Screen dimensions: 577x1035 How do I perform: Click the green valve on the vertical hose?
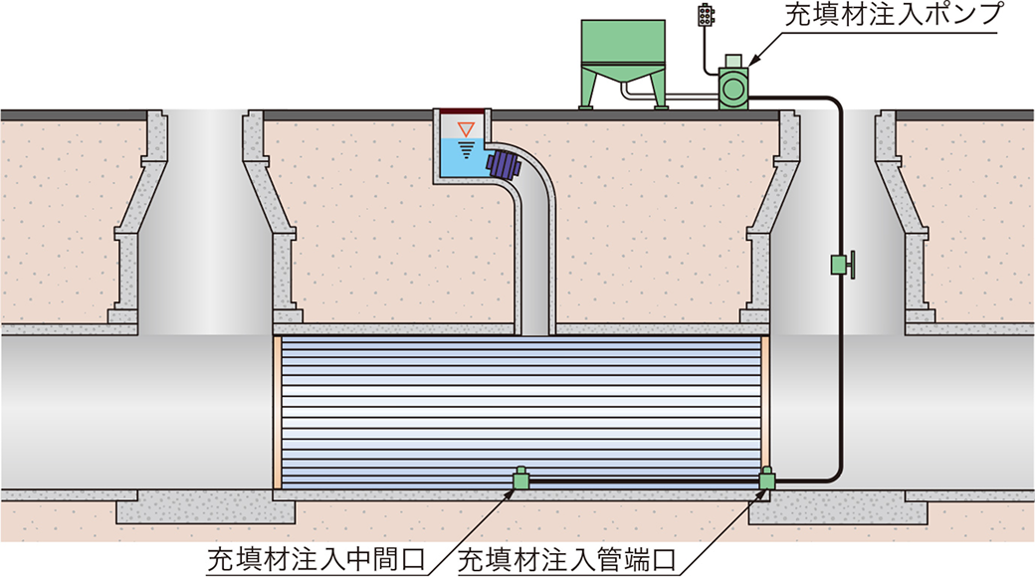pos(841,265)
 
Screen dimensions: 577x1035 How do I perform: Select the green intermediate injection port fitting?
pos(518,480)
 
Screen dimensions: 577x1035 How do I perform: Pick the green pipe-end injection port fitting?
pos(766,481)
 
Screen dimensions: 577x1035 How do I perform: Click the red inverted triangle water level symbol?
pos(465,129)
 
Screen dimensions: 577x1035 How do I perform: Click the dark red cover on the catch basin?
pos(463,109)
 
